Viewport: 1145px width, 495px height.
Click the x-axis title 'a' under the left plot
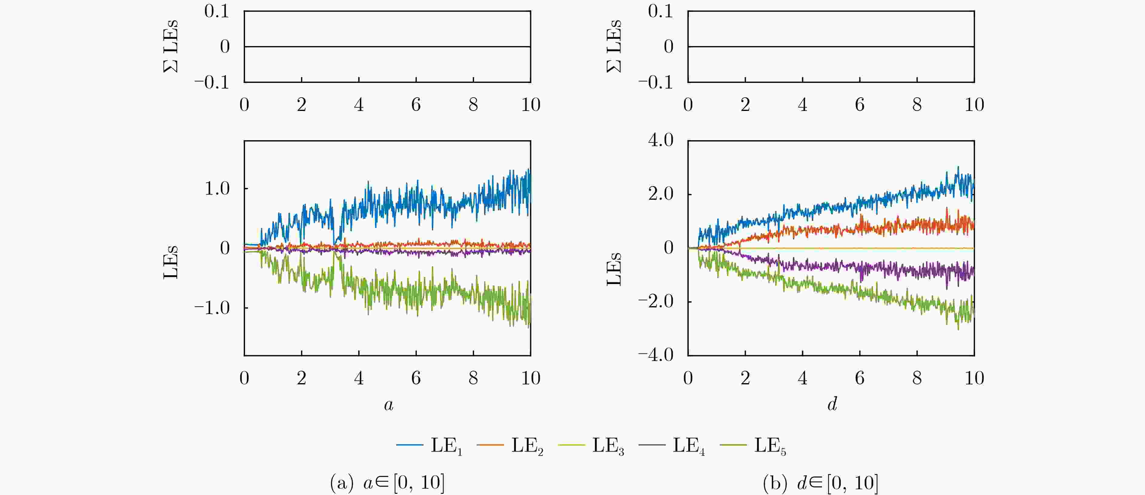coord(388,405)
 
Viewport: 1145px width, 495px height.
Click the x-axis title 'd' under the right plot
coord(832,404)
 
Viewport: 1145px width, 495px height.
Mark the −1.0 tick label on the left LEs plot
coord(212,308)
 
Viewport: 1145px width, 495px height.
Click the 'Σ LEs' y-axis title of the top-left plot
coord(171,46)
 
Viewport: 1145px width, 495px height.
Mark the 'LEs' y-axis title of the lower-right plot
coord(614,269)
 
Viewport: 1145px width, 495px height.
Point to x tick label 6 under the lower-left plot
coord(416,378)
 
